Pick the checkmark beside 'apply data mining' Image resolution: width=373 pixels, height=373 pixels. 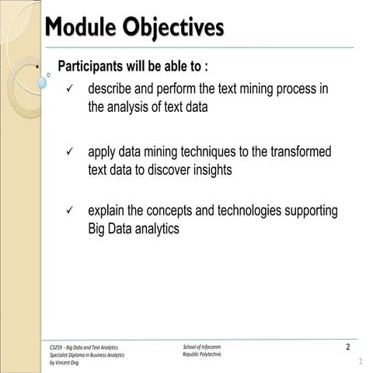[x=70, y=152]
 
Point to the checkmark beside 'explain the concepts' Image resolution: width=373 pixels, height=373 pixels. [x=70, y=211]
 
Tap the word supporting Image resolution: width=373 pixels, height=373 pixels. [x=309, y=211]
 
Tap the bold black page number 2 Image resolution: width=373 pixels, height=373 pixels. [x=347, y=346]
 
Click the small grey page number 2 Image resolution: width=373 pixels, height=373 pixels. [x=361, y=362]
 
